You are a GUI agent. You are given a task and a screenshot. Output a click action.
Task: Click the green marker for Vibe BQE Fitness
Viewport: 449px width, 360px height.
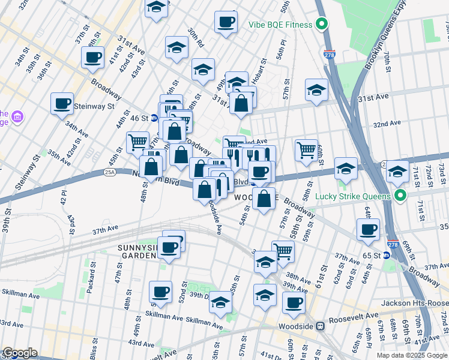pos(322,25)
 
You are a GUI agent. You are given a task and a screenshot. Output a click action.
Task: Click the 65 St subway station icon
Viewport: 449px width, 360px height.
pos(387,255)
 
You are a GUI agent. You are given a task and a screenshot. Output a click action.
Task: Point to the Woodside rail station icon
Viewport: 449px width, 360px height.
pos(321,326)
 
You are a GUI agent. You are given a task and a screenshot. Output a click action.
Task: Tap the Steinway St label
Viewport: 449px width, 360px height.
pos(94,106)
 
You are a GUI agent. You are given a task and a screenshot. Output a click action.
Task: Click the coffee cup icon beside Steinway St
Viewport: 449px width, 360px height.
pos(62,103)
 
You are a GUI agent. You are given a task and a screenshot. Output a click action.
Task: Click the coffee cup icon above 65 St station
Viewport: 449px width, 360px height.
pos(368,229)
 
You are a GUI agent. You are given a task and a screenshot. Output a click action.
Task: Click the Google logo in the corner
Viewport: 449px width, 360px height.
pos(20,353)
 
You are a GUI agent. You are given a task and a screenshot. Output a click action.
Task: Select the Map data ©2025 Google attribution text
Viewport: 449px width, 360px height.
pos(412,355)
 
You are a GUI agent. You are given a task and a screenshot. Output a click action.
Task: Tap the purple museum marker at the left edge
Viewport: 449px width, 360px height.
pos(17,115)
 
